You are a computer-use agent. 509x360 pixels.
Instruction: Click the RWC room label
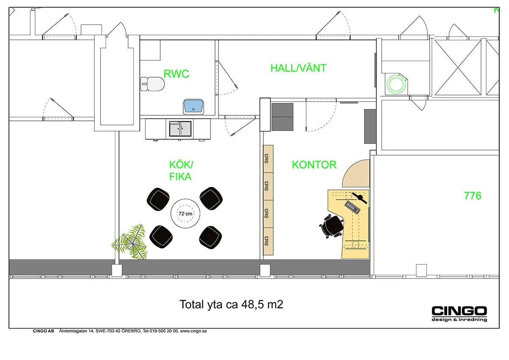pos(176,74)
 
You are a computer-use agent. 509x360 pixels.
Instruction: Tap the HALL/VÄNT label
pos(298,68)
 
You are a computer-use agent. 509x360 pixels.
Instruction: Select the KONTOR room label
pos(314,165)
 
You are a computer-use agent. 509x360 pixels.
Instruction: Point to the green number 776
pos(473,196)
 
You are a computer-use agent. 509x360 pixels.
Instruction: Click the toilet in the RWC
pos(152,84)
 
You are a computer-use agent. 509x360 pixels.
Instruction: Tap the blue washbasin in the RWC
pos(193,106)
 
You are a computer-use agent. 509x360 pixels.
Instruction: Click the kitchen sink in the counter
pos(180,128)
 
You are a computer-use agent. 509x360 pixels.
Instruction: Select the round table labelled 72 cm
pos(185,214)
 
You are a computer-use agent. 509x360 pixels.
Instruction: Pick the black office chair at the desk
pos(332,226)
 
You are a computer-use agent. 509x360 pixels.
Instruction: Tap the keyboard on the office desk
pos(352,207)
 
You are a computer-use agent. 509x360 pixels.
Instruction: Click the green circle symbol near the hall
pos(396,84)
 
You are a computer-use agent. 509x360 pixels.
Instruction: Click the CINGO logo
pos(459,311)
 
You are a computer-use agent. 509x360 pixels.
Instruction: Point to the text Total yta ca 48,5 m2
pos(231,304)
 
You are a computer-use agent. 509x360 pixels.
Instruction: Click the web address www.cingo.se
pos(193,331)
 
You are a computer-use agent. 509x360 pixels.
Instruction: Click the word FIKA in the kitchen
pos(180,177)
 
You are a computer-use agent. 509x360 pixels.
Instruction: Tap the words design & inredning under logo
pos(459,320)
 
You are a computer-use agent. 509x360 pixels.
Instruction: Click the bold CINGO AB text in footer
pos(43,331)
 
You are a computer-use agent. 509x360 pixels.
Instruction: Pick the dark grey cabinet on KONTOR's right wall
pos(370,126)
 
